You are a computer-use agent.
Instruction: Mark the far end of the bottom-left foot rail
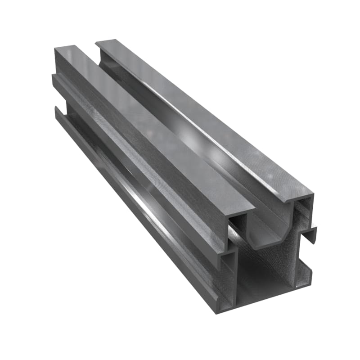click(56, 110)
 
